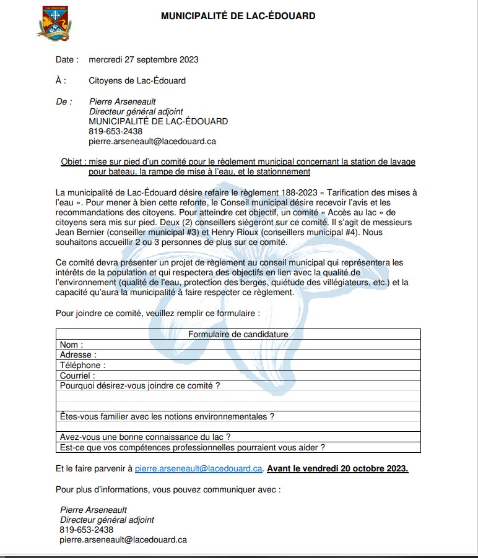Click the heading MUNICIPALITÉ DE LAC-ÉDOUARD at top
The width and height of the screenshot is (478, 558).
(x=238, y=16)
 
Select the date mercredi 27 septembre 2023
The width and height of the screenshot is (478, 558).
(x=144, y=60)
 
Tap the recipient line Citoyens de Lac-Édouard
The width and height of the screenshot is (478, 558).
(x=137, y=80)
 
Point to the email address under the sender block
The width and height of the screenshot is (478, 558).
(x=152, y=142)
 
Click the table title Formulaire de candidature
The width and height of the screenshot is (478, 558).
(x=238, y=334)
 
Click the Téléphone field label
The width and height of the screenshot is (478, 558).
(x=82, y=365)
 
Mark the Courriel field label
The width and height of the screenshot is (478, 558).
(x=77, y=376)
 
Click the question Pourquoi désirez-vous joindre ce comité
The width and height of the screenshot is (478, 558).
(x=140, y=385)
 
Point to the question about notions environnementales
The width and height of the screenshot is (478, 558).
(x=167, y=416)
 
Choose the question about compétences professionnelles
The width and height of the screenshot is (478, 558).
(x=193, y=447)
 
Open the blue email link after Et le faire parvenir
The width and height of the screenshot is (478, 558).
(x=199, y=468)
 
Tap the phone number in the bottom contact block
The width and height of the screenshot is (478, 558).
(x=87, y=530)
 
